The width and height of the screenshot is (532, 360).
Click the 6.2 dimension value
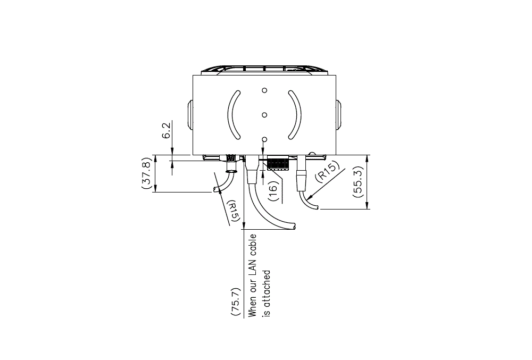pos(166,130)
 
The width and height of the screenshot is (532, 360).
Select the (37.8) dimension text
pos(146,173)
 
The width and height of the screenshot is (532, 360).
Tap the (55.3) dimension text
pos(358,182)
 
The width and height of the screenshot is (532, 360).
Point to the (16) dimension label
pos(273,191)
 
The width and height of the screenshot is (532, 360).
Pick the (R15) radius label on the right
pos(327,172)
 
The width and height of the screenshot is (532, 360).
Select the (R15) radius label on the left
pos(234,213)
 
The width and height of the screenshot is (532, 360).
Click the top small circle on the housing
pos(264,90)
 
